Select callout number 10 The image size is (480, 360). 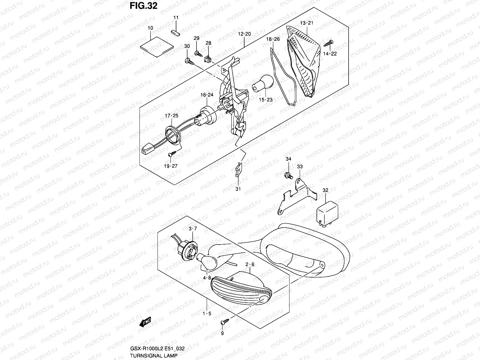(x=150, y=28)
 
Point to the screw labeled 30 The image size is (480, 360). (x=189, y=62)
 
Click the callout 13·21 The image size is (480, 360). (x=307, y=23)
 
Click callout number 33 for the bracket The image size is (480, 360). (x=300, y=166)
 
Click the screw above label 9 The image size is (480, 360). (x=224, y=322)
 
